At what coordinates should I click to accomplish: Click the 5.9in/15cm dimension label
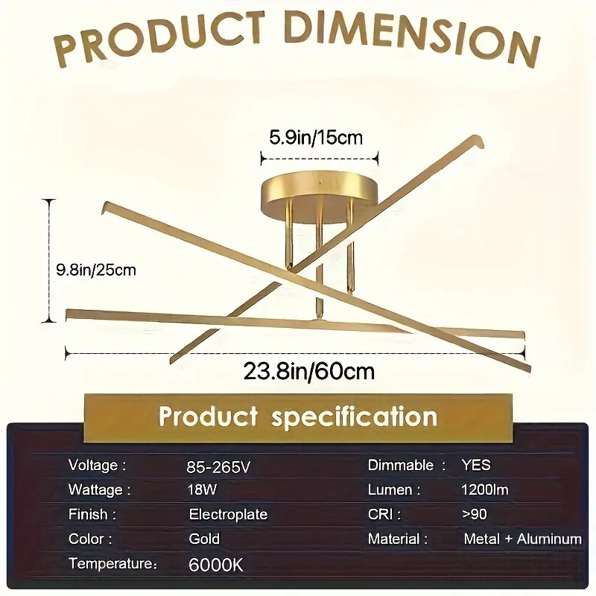(x=316, y=137)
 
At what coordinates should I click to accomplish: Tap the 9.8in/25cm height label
(x=96, y=270)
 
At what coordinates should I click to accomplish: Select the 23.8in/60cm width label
(x=308, y=371)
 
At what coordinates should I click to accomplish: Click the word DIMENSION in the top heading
(x=413, y=36)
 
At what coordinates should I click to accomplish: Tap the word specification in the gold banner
(x=355, y=417)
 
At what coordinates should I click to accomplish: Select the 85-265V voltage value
(x=218, y=467)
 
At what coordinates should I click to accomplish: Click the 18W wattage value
(x=202, y=489)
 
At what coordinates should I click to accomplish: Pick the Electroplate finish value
(x=228, y=514)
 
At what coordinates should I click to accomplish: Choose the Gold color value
(x=204, y=539)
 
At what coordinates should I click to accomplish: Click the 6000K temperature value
(x=215, y=565)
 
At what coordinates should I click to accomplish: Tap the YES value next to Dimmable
(x=476, y=465)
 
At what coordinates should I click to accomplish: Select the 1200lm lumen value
(x=485, y=489)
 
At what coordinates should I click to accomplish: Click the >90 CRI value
(x=475, y=514)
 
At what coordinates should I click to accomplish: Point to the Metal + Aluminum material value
(x=523, y=539)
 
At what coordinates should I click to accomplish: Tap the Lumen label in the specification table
(x=394, y=489)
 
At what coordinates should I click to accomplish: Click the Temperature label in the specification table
(x=113, y=563)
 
